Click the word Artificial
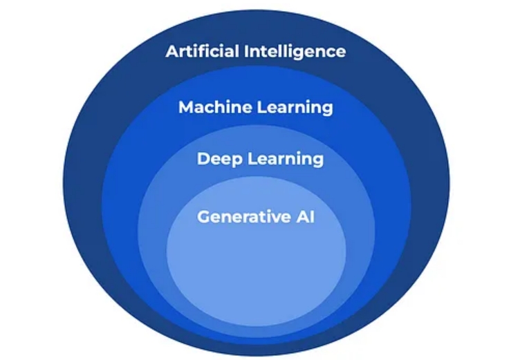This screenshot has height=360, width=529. pos(203,51)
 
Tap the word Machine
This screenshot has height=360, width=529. pos(207,107)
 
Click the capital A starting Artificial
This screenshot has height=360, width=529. pos(171,51)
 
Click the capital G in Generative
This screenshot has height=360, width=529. pos(203,216)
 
